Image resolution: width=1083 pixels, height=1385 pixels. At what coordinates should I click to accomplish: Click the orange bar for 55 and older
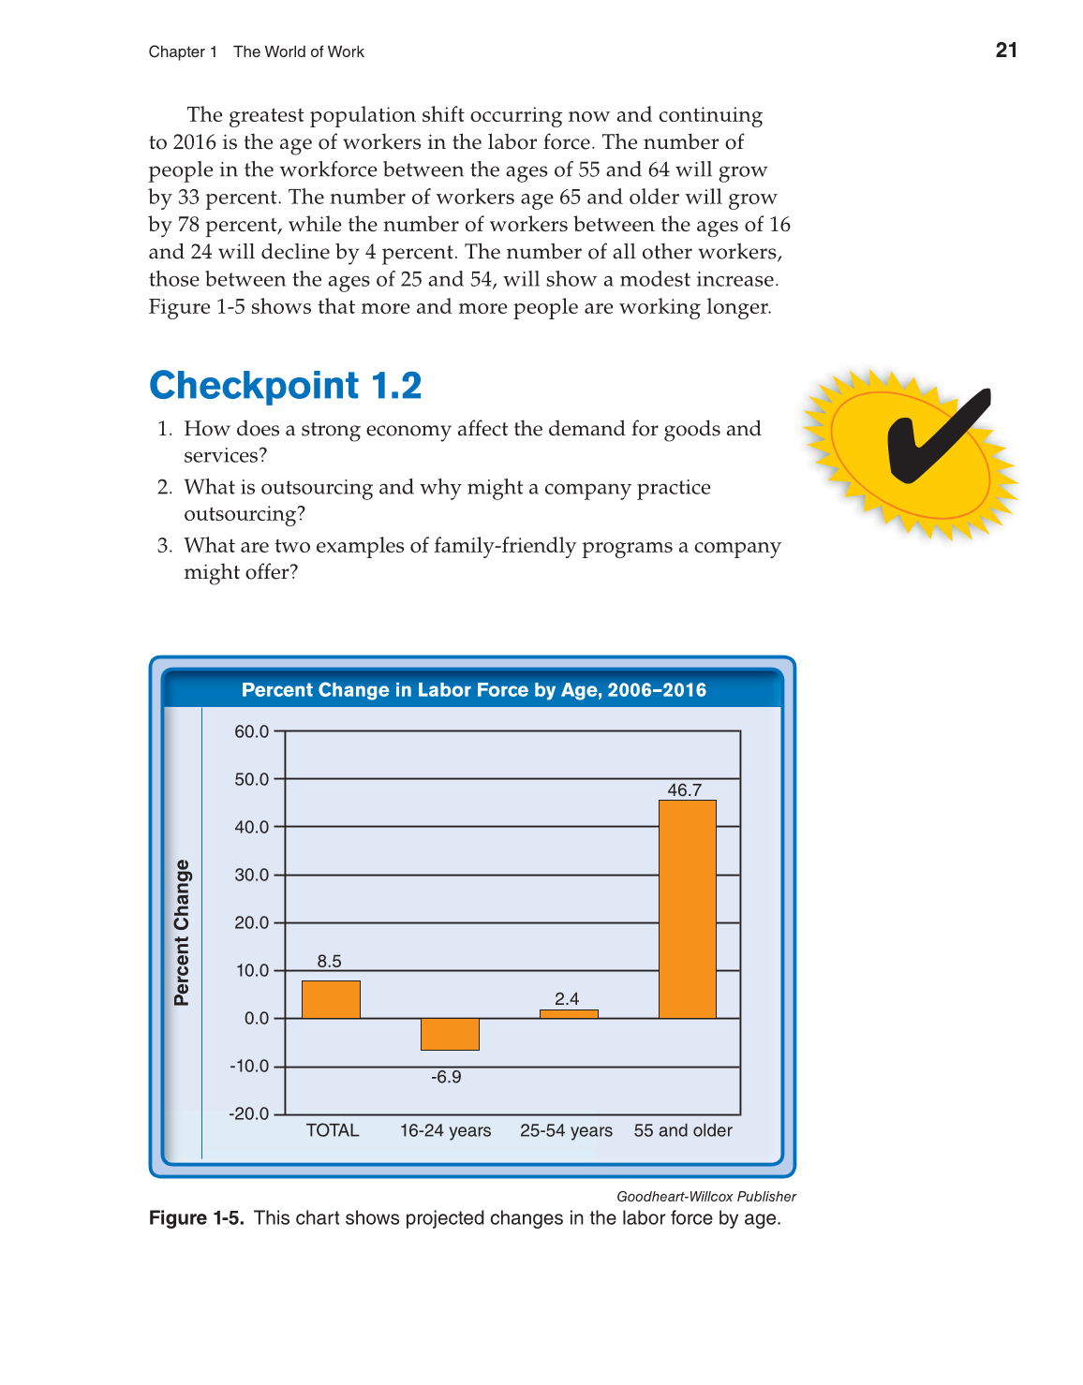point(687,908)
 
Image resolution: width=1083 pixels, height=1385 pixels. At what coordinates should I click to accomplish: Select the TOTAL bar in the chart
point(331,999)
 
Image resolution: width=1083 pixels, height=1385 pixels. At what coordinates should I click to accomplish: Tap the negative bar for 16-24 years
point(450,1034)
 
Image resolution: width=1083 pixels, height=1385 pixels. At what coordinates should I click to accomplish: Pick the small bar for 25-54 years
point(569,1014)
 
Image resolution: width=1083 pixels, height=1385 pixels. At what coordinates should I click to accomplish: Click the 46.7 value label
point(684,790)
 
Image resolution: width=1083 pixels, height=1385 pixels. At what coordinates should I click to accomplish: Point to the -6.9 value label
point(446,1077)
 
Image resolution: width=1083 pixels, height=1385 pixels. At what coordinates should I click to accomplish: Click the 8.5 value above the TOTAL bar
point(329,962)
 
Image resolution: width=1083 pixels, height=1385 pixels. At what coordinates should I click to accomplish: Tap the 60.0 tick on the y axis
point(251,731)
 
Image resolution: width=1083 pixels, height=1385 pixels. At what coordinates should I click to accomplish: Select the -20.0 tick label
point(249,1113)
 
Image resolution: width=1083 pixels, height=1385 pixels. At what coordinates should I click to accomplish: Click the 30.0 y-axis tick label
point(251,875)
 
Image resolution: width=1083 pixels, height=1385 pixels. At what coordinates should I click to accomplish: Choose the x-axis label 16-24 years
point(445,1130)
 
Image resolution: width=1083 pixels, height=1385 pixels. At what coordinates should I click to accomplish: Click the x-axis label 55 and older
point(683,1130)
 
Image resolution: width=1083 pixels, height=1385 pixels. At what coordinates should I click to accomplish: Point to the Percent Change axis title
point(182,933)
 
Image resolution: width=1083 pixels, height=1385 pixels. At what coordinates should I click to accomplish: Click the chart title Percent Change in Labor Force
point(473,690)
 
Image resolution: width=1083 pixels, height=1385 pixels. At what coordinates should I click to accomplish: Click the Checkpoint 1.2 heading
point(286,385)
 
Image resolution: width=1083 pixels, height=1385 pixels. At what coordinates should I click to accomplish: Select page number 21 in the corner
point(1006,51)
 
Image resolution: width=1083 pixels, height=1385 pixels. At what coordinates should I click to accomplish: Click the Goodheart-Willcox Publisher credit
point(705,1196)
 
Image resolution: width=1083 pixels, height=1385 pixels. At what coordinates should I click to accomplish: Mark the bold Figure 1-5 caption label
point(196,1217)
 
